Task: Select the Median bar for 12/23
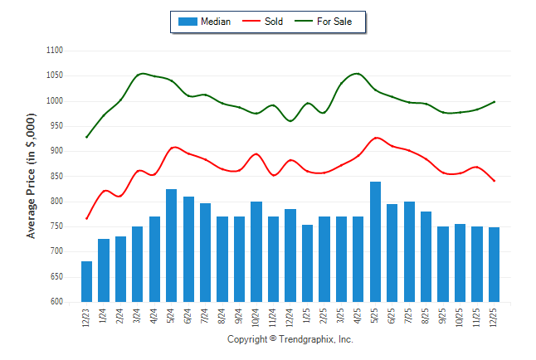[86, 281]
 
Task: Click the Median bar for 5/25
[375, 241]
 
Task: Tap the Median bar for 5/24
[171, 246]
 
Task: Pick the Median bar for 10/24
[256, 251]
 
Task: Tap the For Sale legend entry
[334, 22]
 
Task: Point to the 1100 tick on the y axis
[55, 51]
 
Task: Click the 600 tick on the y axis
[56, 302]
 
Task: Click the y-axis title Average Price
[32, 176]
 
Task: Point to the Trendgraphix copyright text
[290, 340]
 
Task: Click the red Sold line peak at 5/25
[376, 138]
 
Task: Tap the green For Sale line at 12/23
[86, 137]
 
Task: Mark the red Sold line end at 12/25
[495, 181]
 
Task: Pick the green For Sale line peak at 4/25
[358, 73]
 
